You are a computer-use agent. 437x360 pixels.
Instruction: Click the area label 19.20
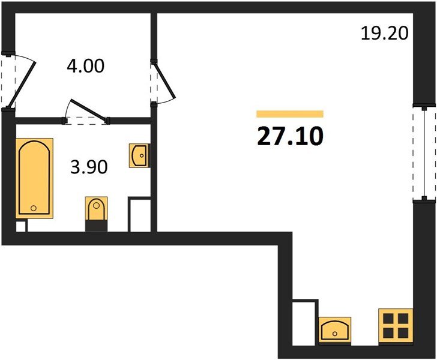(385, 33)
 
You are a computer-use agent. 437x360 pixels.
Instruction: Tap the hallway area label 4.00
(86, 67)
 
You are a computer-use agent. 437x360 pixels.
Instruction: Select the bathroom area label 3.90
(89, 167)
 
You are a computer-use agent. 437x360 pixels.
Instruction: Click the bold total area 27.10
(290, 136)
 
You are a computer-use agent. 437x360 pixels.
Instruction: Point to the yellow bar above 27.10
(290, 114)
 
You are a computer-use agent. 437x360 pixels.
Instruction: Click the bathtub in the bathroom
(34, 178)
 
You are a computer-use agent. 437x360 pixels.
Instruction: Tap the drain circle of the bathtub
(34, 208)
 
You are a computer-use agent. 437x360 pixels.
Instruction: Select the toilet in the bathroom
(96, 208)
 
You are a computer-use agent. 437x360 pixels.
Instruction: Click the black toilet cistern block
(96, 226)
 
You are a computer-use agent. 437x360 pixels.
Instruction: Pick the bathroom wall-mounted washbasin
(140, 155)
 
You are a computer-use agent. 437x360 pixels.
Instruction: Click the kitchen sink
(335, 330)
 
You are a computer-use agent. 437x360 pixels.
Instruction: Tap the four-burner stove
(396, 325)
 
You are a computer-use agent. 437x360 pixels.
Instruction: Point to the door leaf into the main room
(164, 80)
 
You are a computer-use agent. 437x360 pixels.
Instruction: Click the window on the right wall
(424, 153)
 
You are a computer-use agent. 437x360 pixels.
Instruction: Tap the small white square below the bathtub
(21, 226)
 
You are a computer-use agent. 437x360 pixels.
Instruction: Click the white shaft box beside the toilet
(140, 214)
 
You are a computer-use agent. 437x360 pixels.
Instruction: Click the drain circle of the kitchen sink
(335, 334)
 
